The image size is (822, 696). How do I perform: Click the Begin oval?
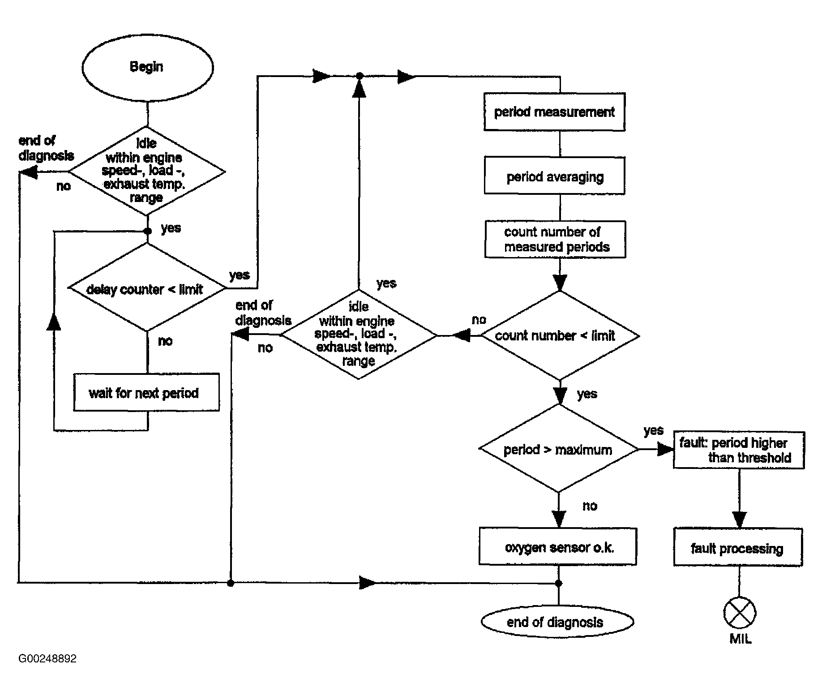pos(147,68)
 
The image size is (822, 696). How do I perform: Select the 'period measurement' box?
pos(554,112)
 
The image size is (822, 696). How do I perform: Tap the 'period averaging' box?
pos(554,175)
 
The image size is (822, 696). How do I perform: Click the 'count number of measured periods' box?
pos(555,239)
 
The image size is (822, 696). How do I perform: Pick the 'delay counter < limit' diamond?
pos(147,288)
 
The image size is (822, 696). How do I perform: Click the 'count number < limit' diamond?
pos(560,335)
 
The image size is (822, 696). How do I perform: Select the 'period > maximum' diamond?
pos(559,449)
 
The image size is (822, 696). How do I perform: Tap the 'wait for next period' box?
pos(146,392)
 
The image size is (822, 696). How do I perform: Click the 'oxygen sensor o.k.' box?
pos(558,546)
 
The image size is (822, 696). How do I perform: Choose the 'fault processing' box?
pos(738,547)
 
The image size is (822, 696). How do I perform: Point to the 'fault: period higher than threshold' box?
pos(739,450)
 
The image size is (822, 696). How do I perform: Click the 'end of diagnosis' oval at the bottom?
pos(557,622)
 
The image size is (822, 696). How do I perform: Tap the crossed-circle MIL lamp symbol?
pos(740,613)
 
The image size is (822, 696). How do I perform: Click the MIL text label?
pos(740,639)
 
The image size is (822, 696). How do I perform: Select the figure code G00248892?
pos(47,658)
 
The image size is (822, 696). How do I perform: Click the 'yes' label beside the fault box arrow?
pos(653,430)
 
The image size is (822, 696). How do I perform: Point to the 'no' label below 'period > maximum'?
pos(590,506)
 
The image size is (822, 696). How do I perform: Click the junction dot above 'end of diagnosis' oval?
pos(559,583)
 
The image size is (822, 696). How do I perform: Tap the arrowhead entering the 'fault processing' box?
pos(739,520)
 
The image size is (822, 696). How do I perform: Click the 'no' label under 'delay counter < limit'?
pos(165,341)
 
